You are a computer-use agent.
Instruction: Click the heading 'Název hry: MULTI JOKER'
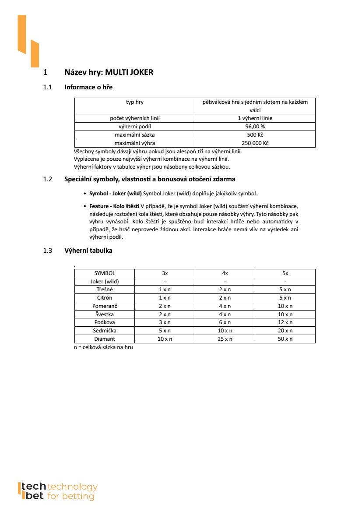tap(109, 72)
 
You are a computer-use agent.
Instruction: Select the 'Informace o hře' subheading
tap(88, 87)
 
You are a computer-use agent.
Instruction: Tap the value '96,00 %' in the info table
tap(255, 127)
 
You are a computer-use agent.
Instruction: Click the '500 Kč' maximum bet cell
tap(255, 135)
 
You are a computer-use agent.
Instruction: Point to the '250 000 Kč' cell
tap(255, 143)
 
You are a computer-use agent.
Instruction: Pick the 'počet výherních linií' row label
tap(134, 118)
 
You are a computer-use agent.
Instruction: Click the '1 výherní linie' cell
tap(255, 118)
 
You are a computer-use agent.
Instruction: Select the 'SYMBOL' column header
tap(105, 273)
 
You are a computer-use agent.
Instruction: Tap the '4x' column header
tap(225, 273)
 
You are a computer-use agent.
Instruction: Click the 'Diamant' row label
tap(105, 339)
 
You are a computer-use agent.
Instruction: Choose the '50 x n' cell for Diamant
tap(285, 339)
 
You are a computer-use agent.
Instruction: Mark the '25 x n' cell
tap(225, 339)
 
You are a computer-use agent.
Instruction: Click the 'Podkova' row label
tap(105, 322)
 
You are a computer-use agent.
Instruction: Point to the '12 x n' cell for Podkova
tap(285, 322)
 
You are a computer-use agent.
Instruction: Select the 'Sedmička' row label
tap(105, 331)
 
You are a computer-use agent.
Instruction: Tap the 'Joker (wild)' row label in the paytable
tap(105, 282)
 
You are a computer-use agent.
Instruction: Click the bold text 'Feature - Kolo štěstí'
tap(114, 206)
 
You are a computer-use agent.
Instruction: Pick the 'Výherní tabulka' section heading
tap(88, 251)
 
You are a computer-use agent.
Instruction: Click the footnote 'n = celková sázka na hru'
tap(103, 347)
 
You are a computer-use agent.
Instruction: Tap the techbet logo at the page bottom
tap(57, 491)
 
